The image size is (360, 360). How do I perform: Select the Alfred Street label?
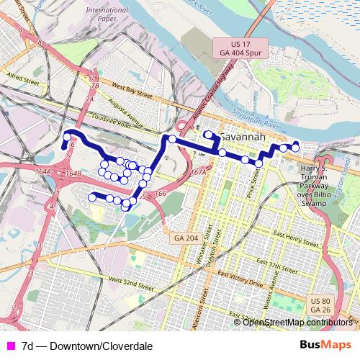[x=25, y=73]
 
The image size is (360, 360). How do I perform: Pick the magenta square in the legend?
[x=9, y=346]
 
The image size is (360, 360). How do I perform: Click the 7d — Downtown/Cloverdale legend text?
[x=87, y=346]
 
